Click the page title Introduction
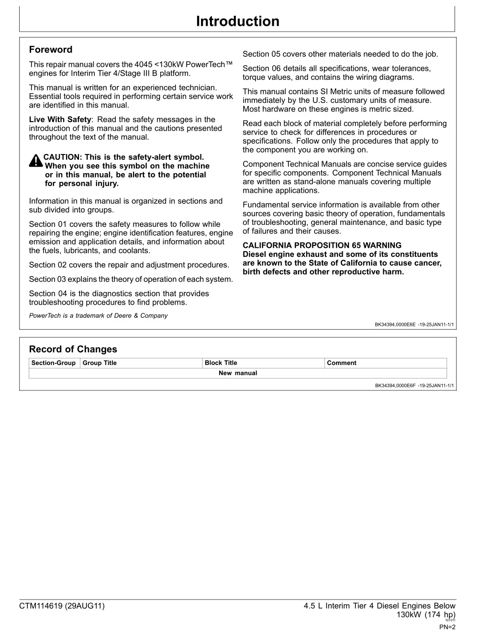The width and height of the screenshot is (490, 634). point(237,22)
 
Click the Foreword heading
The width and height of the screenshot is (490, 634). point(51,50)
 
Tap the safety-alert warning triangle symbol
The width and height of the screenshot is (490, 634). point(36,161)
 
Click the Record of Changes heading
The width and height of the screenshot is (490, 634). point(73,349)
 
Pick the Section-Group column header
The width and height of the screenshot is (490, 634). point(54,363)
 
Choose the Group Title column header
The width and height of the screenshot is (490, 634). point(100,363)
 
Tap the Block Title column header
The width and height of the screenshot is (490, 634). point(221,363)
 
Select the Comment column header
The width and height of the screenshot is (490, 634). point(341,363)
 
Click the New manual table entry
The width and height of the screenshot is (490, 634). point(237,373)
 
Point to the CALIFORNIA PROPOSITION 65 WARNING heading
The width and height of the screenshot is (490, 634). point(322,245)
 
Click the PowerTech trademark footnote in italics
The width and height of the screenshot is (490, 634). point(98,316)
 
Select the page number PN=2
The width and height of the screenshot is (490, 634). point(447,627)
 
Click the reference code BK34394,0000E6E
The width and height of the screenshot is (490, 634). point(395,324)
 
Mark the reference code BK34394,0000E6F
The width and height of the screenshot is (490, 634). point(395,385)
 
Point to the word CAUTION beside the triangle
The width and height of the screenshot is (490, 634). point(62,157)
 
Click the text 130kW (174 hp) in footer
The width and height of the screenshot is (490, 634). point(426,615)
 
